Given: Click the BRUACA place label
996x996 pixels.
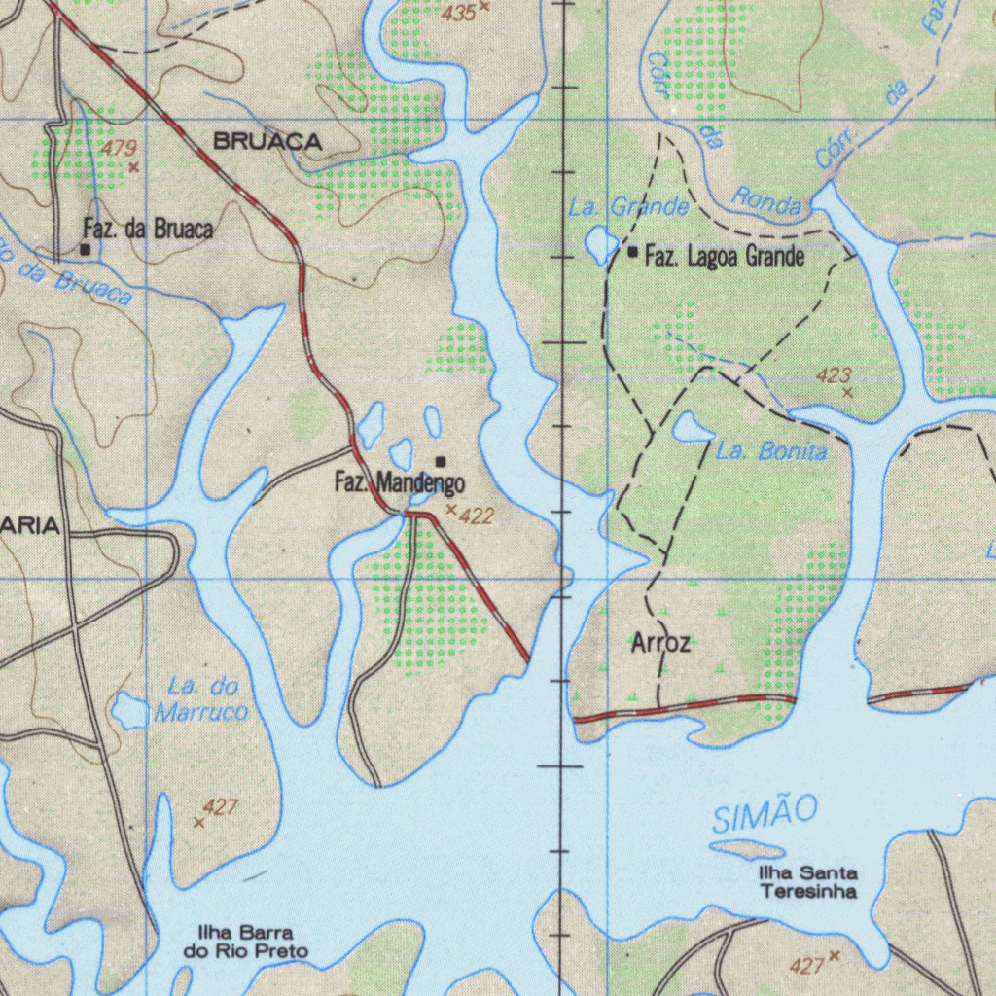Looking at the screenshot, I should tap(267, 142).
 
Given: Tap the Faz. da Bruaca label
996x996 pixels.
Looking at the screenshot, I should tap(148, 230).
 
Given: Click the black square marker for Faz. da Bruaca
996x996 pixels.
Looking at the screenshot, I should tap(86, 250).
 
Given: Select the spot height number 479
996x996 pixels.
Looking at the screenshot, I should tap(119, 149).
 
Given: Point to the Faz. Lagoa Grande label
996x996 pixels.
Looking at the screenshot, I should tap(725, 257).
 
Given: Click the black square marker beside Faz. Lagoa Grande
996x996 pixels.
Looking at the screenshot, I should tap(633, 252).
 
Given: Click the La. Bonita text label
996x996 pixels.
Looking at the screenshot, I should tap(771, 452).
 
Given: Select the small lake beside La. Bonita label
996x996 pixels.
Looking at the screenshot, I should tap(692, 427).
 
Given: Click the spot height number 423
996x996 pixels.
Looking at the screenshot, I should tap(835, 375).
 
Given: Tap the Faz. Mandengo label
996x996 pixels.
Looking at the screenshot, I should tap(399, 481).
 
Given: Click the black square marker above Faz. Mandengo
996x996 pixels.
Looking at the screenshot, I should tap(442, 461).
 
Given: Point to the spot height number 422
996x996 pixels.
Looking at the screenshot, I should tap(476, 516).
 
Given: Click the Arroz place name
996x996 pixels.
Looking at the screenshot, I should tap(660, 643).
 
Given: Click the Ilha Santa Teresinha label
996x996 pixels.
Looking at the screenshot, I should tap(808, 882).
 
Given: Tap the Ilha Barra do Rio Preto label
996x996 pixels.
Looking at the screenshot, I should tap(246, 942).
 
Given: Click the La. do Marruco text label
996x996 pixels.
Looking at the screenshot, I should tap(201, 699).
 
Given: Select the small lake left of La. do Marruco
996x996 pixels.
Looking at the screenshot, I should tap(128, 711).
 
